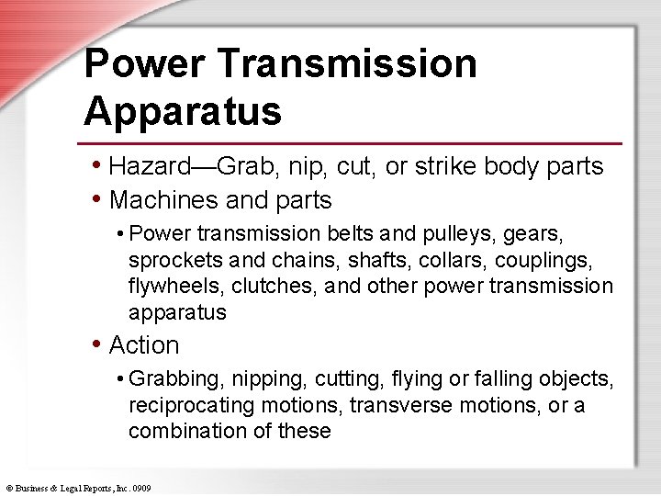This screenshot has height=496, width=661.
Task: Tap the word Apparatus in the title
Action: pyautogui.click(x=182, y=111)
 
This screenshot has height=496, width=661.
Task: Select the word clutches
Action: pyautogui.click(x=274, y=287)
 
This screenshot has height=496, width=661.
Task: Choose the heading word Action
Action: pyautogui.click(x=144, y=345)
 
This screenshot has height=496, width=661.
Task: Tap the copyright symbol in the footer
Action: pyautogui.click(x=8, y=487)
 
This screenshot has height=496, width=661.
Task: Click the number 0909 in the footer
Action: pyautogui.click(x=140, y=487)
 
